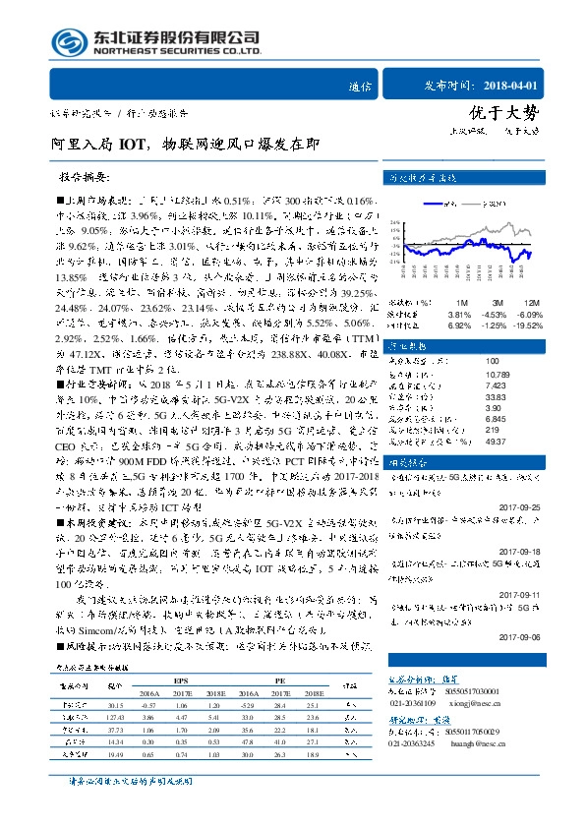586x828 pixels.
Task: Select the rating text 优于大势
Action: coord(511,112)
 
